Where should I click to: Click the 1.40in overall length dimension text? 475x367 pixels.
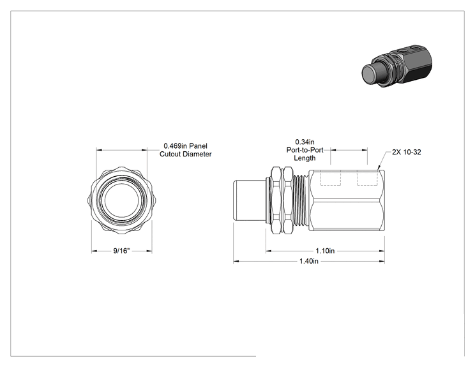[309, 261]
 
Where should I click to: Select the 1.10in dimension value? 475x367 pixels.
[325, 251]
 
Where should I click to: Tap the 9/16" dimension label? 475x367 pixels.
[121, 251]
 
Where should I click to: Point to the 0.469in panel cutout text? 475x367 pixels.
[185, 150]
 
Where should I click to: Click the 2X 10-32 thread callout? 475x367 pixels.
[407, 152]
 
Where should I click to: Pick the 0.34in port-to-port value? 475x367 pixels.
[305, 142]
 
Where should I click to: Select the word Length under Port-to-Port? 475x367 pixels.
[305, 158]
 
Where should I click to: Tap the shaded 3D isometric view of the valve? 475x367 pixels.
[397, 65]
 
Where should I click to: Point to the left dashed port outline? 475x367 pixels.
[331, 178]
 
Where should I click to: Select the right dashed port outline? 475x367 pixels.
[367, 178]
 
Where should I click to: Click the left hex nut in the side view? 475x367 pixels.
[276, 200]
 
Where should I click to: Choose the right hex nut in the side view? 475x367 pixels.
[288, 200]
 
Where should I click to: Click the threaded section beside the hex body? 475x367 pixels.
[301, 201]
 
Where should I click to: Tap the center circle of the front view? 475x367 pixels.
[121, 201]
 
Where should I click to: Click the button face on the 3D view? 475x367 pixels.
[370, 73]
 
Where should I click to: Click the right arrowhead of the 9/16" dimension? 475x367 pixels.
[149, 251]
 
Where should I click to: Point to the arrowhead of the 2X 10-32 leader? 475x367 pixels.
[379, 167]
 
